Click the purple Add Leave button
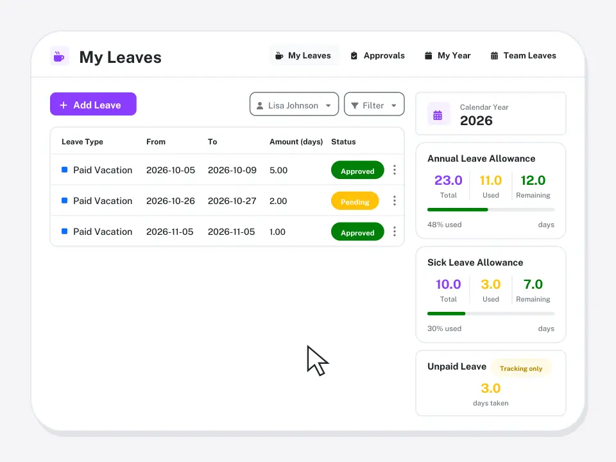point(93,104)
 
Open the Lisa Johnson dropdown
point(294,104)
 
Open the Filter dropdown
point(374,104)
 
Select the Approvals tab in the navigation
point(377,56)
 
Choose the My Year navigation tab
point(447,56)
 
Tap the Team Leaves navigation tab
point(524,56)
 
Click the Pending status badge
point(355,201)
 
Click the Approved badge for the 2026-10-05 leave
point(357,170)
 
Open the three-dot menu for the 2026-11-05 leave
point(395,232)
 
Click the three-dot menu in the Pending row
point(395,201)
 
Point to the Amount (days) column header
point(296,142)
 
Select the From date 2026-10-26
point(171,201)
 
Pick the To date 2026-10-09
point(232,170)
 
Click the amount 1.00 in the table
point(277,232)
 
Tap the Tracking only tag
point(521,368)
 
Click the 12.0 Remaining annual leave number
point(533,180)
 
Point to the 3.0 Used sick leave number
point(491,284)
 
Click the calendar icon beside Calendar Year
point(438,115)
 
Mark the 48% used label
point(444,225)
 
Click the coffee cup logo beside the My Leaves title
point(59,56)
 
